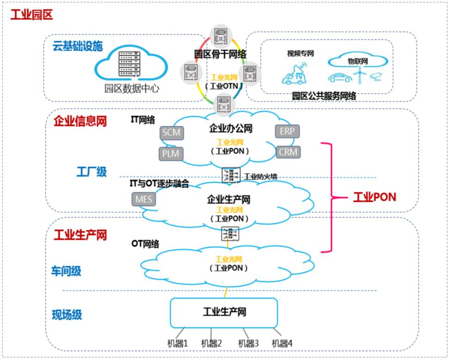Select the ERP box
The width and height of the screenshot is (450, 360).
point(287,132)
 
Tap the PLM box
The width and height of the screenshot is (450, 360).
point(171,153)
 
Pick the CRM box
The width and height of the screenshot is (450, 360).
point(288,152)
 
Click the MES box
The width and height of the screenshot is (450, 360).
point(144,199)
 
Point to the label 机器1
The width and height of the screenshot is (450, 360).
point(177,343)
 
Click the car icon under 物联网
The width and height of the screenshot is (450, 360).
point(340,77)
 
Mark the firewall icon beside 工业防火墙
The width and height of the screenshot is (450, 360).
point(231,175)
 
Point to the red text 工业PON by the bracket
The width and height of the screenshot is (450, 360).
point(375,198)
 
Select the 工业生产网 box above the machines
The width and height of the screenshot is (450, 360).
point(224,312)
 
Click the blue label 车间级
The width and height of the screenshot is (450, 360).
point(66,271)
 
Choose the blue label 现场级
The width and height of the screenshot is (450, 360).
point(66,315)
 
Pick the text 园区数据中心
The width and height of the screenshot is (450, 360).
point(131,88)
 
